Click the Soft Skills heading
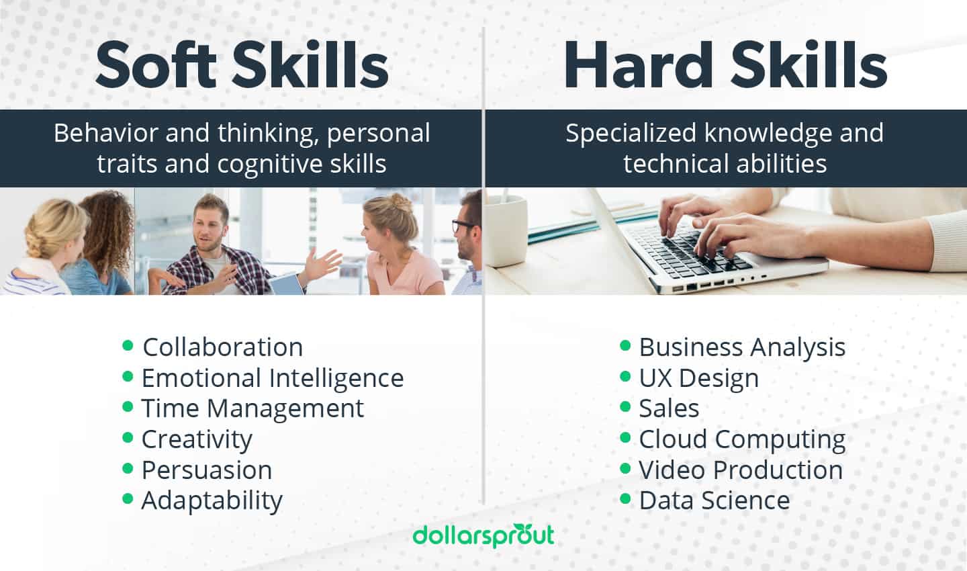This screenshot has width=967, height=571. pyautogui.click(x=242, y=66)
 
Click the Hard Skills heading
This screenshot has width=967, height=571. pyautogui.click(x=725, y=66)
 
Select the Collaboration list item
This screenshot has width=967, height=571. pyautogui.click(x=222, y=347)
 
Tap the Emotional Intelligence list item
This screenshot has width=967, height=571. pyautogui.click(x=272, y=378)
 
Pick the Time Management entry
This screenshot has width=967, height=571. pyautogui.click(x=252, y=408)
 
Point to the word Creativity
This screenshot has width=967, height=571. pyautogui.click(x=196, y=439)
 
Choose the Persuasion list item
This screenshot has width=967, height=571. pyautogui.click(x=206, y=470)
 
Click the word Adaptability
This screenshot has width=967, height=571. pyautogui.click(x=212, y=500)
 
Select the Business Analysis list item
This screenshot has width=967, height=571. pyautogui.click(x=741, y=347)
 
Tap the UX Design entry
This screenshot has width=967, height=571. pyautogui.click(x=698, y=378)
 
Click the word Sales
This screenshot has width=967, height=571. pyautogui.click(x=669, y=408)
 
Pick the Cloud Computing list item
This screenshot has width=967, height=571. pyautogui.click(x=741, y=439)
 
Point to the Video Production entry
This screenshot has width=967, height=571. pyautogui.click(x=740, y=470)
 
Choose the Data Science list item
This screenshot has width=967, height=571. pyautogui.click(x=714, y=500)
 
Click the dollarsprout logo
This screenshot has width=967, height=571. pyautogui.click(x=483, y=535)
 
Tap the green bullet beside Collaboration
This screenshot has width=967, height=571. pyautogui.click(x=128, y=346)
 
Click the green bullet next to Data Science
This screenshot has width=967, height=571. pyautogui.click(x=625, y=499)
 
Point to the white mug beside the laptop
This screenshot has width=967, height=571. pyautogui.click(x=505, y=228)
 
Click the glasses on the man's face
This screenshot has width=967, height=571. pyautogui.click(x=463, y=225)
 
